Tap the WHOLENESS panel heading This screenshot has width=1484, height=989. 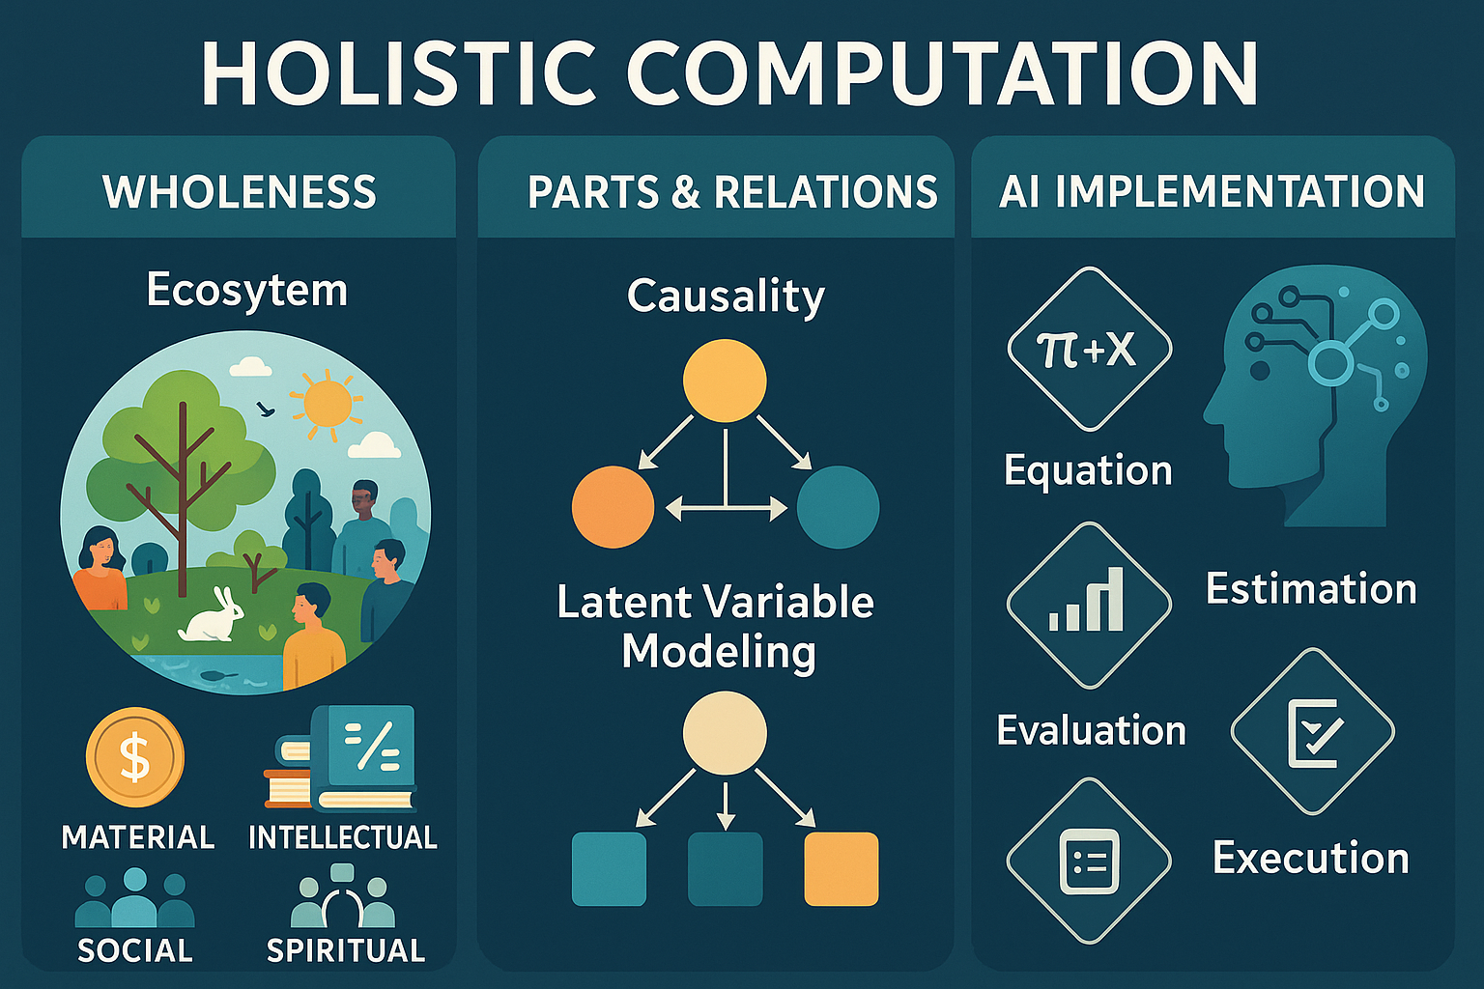(240, 192)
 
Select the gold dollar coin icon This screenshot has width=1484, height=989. (135, 757)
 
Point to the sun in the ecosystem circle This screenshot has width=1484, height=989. (327, 402)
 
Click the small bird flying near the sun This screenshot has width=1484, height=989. (266, 409)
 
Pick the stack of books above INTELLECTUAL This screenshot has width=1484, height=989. (340, 758)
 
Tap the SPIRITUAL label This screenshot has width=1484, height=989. (346, 950)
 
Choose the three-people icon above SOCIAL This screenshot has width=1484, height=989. (135, 899)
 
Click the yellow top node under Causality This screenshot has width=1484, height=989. (725, 381)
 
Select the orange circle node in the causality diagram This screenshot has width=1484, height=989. (613, 507)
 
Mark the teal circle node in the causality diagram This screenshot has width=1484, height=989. (838, 507)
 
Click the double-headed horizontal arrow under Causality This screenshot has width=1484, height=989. (727, 509)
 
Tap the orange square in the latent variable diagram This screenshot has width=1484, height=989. (842, 868)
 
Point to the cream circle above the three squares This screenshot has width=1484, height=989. (725, 733)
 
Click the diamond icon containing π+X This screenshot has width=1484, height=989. (1090, 349)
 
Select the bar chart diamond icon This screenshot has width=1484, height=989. (1090, 605)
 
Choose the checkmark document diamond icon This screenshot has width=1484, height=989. (1312, 731)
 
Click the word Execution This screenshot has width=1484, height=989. (1310, 858)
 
